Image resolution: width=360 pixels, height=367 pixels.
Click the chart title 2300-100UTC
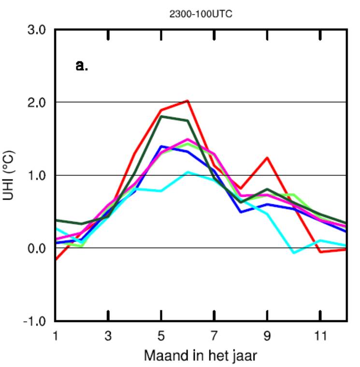pyautogui.click(x=201, y=14)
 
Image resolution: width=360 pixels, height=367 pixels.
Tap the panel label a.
pyautogui.click(x=82, y=65)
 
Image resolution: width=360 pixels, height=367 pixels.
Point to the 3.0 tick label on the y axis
pyautogui.click(x=36, y=30)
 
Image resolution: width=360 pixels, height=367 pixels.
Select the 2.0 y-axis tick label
pyautogui.click(x=36, y=102)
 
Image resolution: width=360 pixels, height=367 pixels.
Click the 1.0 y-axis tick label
pyautogui.click(x=36, y=175)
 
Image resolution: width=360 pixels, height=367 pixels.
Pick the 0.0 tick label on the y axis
pyautogui.click(x=36, y=248)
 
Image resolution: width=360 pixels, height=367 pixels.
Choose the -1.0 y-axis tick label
pyautogui.click(x=34, y=322)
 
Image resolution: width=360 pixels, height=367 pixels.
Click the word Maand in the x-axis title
pyautogui.click(x=165, y=356)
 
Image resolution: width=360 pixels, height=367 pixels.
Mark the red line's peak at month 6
pyautogui.click(x=187, y=101)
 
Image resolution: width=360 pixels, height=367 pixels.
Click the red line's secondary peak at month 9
pyautogui.click(x=267, y=158)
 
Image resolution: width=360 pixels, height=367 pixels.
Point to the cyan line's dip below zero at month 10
pyautogui.click(x=293, y=253)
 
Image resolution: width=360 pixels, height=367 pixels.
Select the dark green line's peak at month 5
pyautogui.click(x=161, y=116)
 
